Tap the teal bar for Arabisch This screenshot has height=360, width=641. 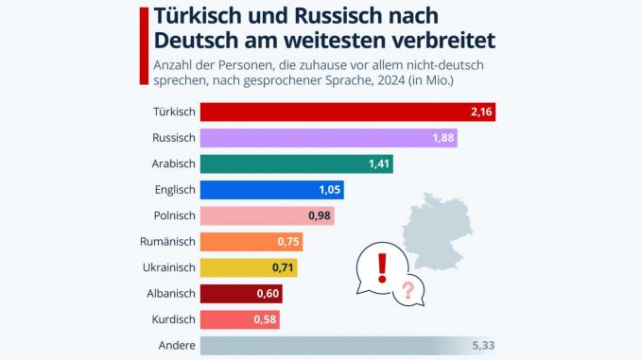(x=284, y=164)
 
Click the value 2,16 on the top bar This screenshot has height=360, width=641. (x=482, y=111)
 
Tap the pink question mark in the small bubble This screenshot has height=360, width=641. (x=408, y=291)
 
